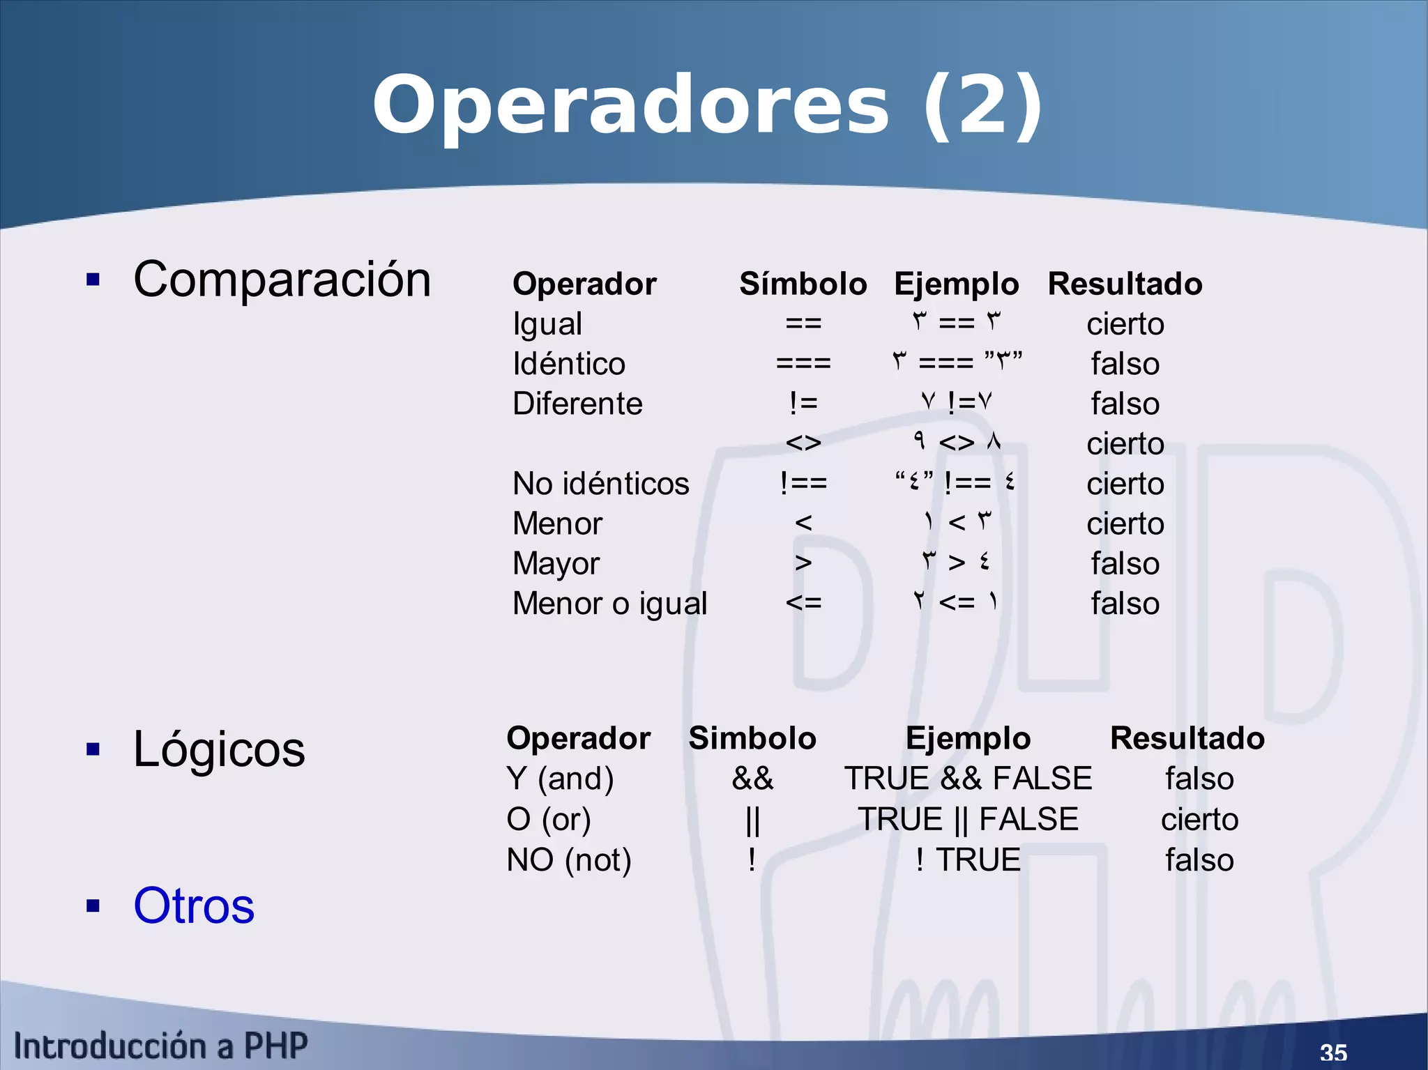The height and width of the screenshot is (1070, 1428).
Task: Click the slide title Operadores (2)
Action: (707, 106)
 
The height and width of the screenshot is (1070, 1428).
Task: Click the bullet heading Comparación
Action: (282, 280)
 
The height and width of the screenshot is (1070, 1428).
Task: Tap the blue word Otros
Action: (194, 905)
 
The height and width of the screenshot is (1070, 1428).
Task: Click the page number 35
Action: (1333, 1052)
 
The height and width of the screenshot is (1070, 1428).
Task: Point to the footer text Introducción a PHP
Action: (160, 1046)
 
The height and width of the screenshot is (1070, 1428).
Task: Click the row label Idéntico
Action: (569, 364)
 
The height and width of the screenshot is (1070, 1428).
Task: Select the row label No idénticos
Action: (600, 484)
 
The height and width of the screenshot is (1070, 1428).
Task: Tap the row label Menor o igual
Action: (609, 604)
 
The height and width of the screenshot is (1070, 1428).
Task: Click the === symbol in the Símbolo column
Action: (803, 363)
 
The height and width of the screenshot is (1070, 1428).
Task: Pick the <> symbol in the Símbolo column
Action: (803, 443)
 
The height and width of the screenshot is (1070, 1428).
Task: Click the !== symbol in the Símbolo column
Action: (803, 483)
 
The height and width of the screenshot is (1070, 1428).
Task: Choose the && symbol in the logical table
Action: (752, 779)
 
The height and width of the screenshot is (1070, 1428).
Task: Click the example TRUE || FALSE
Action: (968, 819)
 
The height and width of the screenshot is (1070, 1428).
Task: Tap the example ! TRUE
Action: (968, 859)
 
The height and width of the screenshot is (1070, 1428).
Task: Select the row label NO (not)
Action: (569, 859)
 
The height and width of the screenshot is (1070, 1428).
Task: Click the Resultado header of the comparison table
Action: (1125, 284)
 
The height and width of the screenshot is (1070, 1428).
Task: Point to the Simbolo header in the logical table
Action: (752, 738)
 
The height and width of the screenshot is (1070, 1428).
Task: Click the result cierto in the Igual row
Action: (1125, 324)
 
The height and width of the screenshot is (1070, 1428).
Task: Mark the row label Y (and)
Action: (560, 779)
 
